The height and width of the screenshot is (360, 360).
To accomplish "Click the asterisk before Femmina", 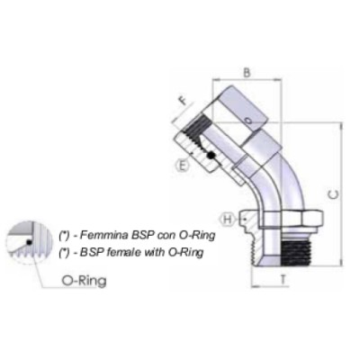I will point(63,233).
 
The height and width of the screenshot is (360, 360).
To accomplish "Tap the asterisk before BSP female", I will point(63,252).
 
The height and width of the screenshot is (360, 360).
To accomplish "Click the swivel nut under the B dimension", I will point(247,112).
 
